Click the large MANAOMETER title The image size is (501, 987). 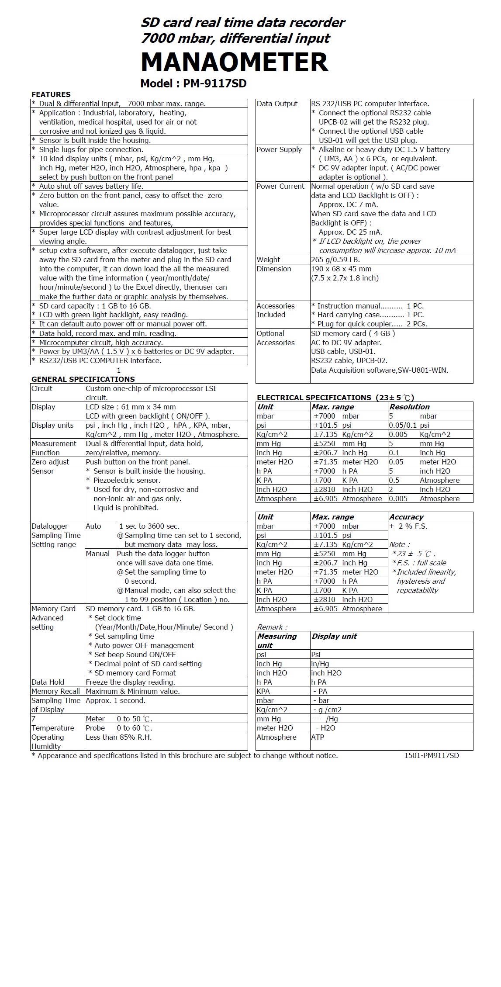pyautogui.click(x=235, y=62)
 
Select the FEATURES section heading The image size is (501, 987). pyautogui.click(x=51, y=94)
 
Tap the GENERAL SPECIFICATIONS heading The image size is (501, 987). pyautogui.click(x=83, y=379)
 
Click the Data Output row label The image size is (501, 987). pyautogui.click(x=277, y=104)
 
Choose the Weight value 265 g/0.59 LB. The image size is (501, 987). pyautogui.click(x=335, y=260)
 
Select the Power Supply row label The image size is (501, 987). pyautogui.click(x=279, y=150)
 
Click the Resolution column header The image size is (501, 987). pyautogui.click(x=409, y=407)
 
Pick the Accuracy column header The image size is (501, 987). pyautogui.click(x=406, y=517)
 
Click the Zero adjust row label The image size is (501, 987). pyautogui.click(x=50, y=462)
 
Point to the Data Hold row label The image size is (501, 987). pyautogui.click(x=48, y=682)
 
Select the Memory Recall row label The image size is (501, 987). pyautogui.click(x=55, y=691)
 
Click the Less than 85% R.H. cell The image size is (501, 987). pyautogui.click(x=119, y=737)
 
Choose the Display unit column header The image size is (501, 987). pyautogui.click(x=334, y=636)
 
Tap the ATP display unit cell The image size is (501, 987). pyautogui.click(x=318, y=737)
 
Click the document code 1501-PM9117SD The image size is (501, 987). pyautogui.click(x=432, y=755)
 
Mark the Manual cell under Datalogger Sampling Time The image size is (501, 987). pyautogui.click(x=98, y=554)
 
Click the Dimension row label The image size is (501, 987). pyautogui.click(x=274, y=269)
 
